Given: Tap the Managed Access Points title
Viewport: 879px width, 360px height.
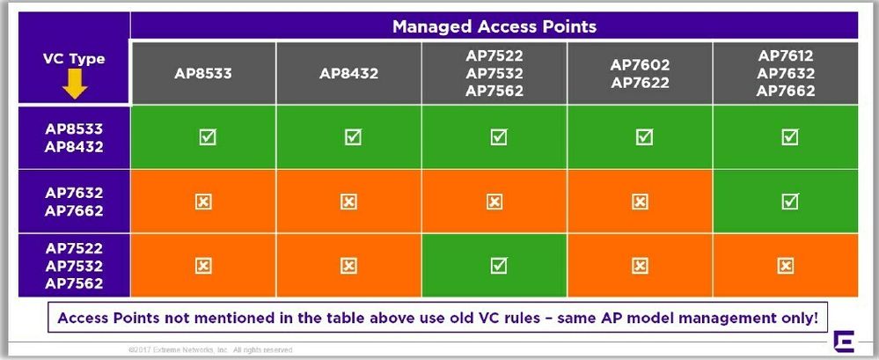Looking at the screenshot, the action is pyautogui.click(x=494, y=26).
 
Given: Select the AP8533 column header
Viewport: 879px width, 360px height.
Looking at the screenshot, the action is pyautogui.click(x=203, y=73).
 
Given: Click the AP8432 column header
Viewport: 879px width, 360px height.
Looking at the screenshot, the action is pyautogui.click(x=348, y=73).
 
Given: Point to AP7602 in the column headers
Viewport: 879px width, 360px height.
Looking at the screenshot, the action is pyautogui.click(x=640, y=65).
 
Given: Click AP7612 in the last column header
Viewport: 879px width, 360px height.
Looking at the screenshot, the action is pyautogui.click(x=786, y=56).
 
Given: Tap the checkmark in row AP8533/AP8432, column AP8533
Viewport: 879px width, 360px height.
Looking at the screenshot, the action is pyautogui.click(x=208, y=136).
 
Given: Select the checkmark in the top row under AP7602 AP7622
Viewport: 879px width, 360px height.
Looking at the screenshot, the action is pyautogui.click(x=644, y=136).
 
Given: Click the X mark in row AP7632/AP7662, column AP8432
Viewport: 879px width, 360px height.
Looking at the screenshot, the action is pyautogui.click(x=348, y=202).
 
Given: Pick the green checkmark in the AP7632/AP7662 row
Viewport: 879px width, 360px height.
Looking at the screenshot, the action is pyautogui.click(x=789, y=201).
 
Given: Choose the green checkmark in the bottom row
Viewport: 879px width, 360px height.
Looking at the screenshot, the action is pyautogui.click(x=498, y=265).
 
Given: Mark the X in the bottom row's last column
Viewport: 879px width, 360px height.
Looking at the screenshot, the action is pyautogui.click(x=786, y=266).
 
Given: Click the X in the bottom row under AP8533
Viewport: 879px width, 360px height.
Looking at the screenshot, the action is pyautogui.click(x=203, y=266).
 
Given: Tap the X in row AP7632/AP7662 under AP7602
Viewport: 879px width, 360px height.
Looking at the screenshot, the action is pyautogui.click(x=640, y=202).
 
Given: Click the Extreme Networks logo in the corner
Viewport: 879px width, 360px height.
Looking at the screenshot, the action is pyautogui.click(x=844, y=342).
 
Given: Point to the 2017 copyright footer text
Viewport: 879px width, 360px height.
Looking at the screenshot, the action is pyautogui.click(x=210, y=350).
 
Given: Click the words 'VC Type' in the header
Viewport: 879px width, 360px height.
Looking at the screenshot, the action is pyautogui.click(x=74, y=59).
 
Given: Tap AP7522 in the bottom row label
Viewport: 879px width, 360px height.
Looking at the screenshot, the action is pyautogui.click(x=74, y=248).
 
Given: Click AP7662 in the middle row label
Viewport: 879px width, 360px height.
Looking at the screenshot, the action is pyautogui.click(x=74, y=211).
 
